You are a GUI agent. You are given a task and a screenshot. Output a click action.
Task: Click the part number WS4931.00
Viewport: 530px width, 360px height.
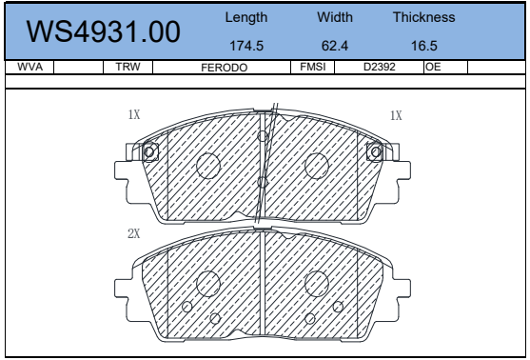click(103, 31)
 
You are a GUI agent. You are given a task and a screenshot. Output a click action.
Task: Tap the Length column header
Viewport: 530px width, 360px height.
click(246, 17)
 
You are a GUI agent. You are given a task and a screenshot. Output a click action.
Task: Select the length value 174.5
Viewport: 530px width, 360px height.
click(246, 46)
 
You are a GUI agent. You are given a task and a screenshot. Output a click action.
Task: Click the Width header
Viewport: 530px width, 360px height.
click(335, 17)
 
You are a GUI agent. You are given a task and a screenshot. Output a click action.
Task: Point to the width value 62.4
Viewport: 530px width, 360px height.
click(335, 46)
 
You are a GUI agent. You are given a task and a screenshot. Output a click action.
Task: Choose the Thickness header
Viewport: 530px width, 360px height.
click(423, 17)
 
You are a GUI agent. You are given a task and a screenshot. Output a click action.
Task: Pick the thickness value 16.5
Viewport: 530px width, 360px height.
click(423, 46)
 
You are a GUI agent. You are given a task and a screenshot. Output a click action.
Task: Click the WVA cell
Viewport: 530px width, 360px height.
click(29, 67)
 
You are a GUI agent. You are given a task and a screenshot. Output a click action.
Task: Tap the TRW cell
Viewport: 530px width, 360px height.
click(128, 67)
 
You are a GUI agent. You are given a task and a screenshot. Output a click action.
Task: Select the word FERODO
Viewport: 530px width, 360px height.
click(225, 68)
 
